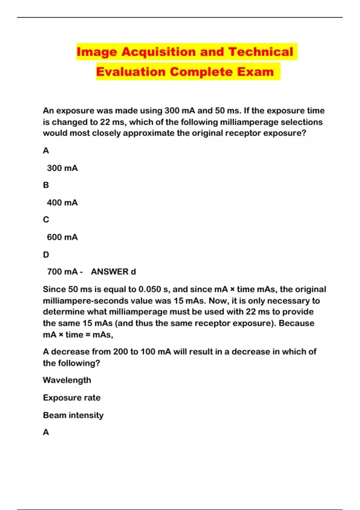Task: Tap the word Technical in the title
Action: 260,52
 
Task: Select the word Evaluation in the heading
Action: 130,72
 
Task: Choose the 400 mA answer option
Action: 62,203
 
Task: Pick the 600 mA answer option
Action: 62,237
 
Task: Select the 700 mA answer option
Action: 62,272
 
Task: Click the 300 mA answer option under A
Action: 62,168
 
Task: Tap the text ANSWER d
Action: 113,272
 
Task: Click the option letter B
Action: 46,185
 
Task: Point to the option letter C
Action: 46,220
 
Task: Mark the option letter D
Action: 46,255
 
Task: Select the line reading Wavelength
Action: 67,380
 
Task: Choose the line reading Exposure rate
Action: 72,398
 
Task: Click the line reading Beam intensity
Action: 73,415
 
